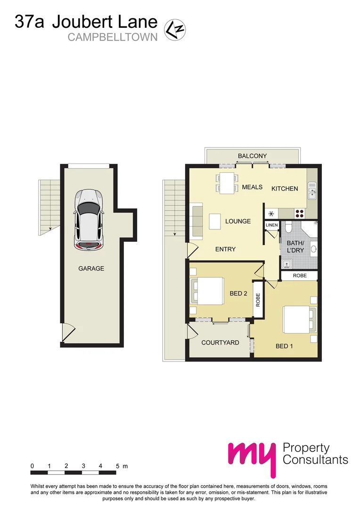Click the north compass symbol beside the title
[174, 29]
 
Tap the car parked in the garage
[90, 219]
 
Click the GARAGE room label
[91, 269]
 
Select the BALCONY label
[252, 156]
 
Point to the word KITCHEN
[285, 189]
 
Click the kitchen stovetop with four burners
[299, 212]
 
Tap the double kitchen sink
[312, 192]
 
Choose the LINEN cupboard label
[272, 226]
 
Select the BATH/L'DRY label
[295, 247]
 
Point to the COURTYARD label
[220, 343]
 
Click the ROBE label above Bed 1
[300, 275]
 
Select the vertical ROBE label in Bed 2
[258, 300]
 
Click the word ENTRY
[225, 249]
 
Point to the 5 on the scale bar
[117, 466]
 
